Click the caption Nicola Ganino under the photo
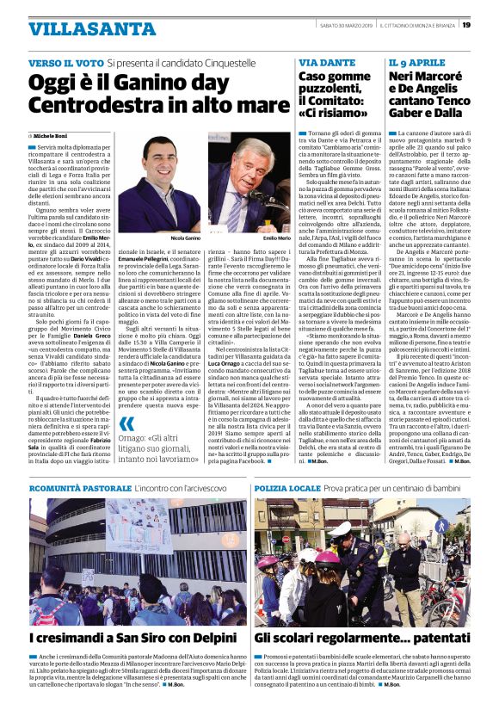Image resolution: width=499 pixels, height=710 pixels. pos(185,237)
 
